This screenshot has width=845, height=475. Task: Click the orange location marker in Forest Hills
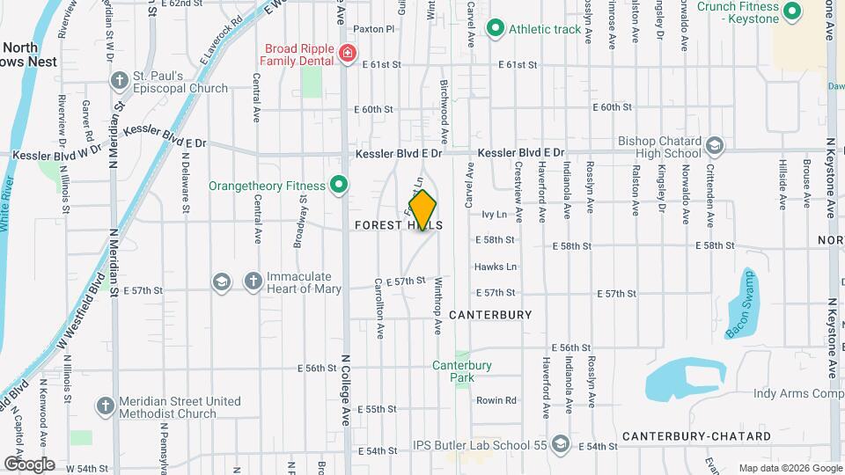(422, 209)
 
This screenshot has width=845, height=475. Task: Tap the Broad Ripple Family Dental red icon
(349, 55)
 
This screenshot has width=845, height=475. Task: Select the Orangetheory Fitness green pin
(338, 185)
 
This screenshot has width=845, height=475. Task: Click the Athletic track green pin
(496, 29)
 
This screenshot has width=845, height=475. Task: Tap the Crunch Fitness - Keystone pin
(791, 11)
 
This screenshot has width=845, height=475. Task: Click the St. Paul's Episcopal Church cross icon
(120, 80)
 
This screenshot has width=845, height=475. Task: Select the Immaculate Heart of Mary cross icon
(253, 281)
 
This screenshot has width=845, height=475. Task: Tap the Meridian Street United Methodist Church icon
(106, 406)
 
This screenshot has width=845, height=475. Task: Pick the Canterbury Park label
(461, 371)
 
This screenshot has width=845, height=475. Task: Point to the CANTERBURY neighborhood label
(490, 314)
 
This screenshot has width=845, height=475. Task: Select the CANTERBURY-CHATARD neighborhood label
(696, 436)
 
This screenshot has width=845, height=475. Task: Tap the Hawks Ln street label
(496, 267)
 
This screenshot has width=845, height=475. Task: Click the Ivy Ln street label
(495, 214)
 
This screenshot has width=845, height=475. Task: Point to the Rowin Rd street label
(496, 400)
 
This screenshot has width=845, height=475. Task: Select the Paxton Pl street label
(376, 29)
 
